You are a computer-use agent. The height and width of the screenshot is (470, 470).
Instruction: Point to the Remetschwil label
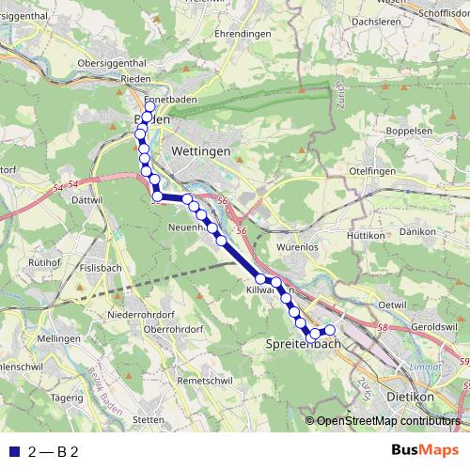[x=206, y=382]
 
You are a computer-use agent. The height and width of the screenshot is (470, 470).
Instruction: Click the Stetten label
[x=149, y=419]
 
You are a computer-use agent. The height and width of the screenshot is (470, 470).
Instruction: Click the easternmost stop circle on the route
[x=329, y=330]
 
